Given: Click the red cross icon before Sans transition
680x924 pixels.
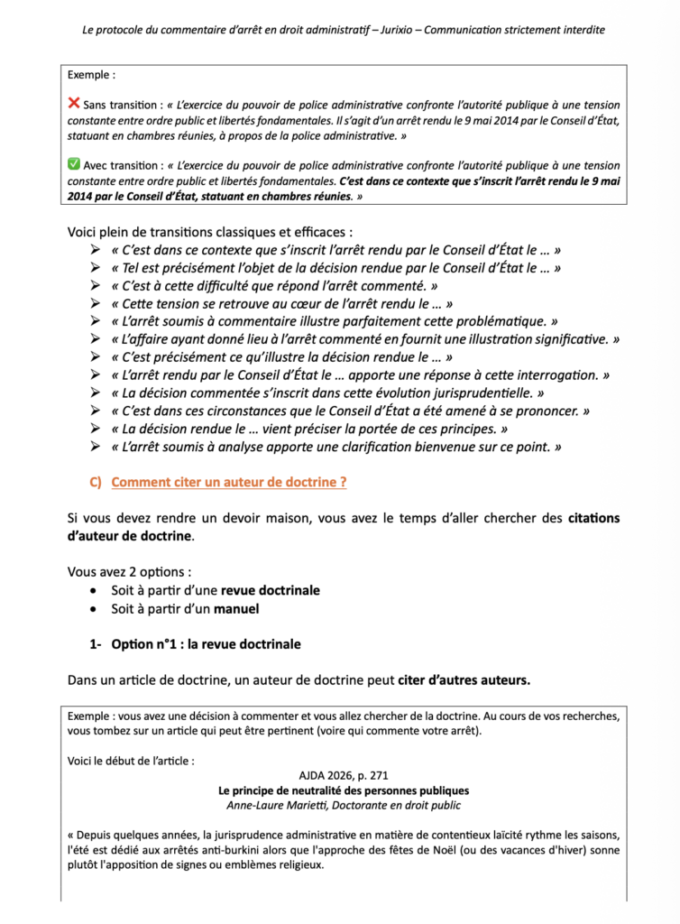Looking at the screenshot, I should coord(74,104).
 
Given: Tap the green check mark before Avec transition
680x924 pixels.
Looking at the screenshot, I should coord(74,165).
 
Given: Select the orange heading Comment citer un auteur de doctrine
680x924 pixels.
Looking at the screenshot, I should coord(229,482).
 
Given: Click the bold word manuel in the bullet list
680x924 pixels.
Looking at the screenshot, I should coord(237,609).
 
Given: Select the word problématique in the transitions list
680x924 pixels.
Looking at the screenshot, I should coord(500,321).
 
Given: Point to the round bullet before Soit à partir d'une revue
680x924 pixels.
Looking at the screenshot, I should coord(96,591).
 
